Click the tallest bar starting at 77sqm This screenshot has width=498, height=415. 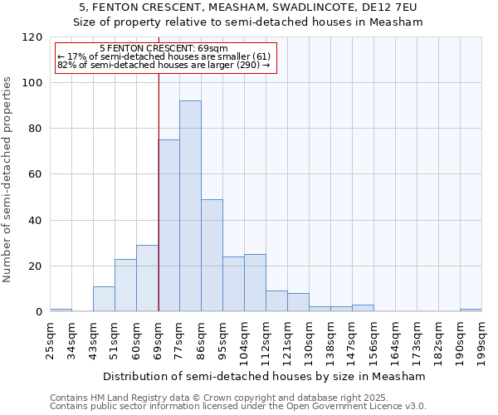coord(190,206)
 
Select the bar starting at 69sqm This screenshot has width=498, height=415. coord(168,226)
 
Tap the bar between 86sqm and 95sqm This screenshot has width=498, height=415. coord(212,256)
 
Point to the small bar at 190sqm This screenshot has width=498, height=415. coord(471,310)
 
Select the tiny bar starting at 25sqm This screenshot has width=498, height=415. coord(61,310)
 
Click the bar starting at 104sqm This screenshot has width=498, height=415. coord(255,283)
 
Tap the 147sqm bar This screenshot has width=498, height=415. coord(363,308)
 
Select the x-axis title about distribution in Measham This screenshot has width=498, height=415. coord(265,376)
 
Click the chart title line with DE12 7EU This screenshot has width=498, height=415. coord(248,7)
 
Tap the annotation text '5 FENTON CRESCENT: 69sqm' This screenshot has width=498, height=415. coord(163,49)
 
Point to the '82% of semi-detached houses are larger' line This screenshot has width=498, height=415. coord(163,65)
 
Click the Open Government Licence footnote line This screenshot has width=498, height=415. coord(238,407)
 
